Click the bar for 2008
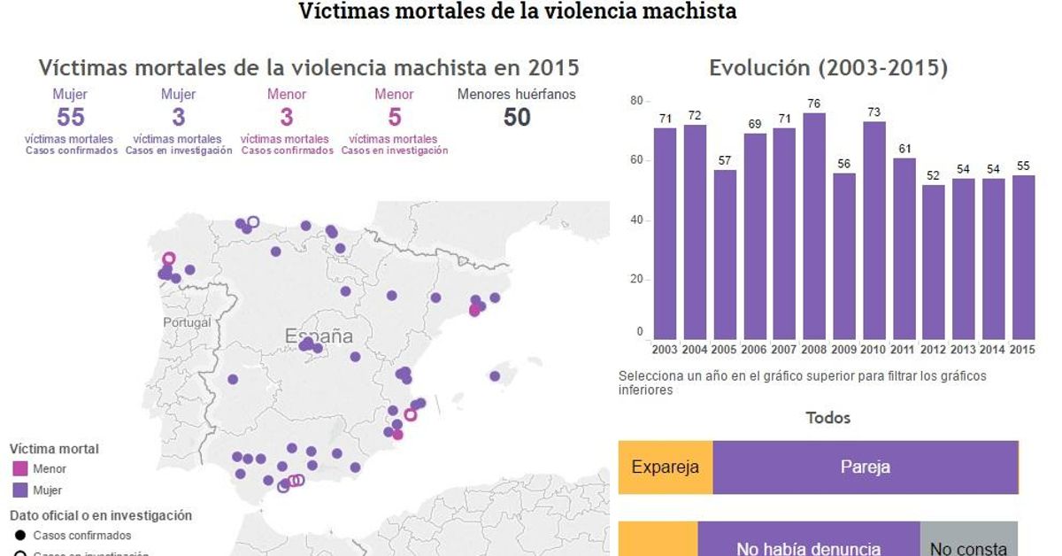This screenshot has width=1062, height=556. point(815,226)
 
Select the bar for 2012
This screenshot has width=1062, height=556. point(934,261)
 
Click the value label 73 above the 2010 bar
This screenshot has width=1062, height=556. point(874,112)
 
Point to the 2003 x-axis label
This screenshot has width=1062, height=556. point(665,349)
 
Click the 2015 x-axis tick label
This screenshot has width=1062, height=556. point(1023,349)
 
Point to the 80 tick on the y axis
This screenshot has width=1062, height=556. point(635,101)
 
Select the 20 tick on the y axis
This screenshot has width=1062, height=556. point(635,280)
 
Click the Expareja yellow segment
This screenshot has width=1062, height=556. point(666,467)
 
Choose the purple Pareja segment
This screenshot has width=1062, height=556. point(865,467)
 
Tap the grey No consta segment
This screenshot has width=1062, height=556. point(969,542)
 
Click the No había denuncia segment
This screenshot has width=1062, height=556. point(808,542)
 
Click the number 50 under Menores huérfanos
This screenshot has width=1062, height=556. point(517,117)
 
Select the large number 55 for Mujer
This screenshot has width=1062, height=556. point(70,117)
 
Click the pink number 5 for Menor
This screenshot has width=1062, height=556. point(394,117)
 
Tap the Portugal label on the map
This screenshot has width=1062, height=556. point(188,322)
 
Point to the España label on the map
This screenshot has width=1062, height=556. point(319,336)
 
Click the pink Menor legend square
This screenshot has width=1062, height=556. point(20,468)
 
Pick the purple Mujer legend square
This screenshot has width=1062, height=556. point(20,490)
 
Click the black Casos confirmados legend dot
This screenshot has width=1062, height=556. point(20,536)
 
